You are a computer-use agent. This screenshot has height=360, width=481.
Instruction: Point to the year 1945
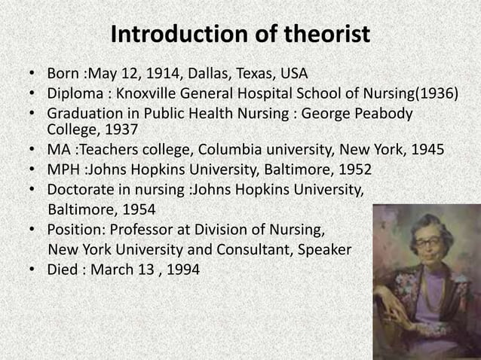[425, 148]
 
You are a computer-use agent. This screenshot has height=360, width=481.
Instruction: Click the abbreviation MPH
[63, 168]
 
